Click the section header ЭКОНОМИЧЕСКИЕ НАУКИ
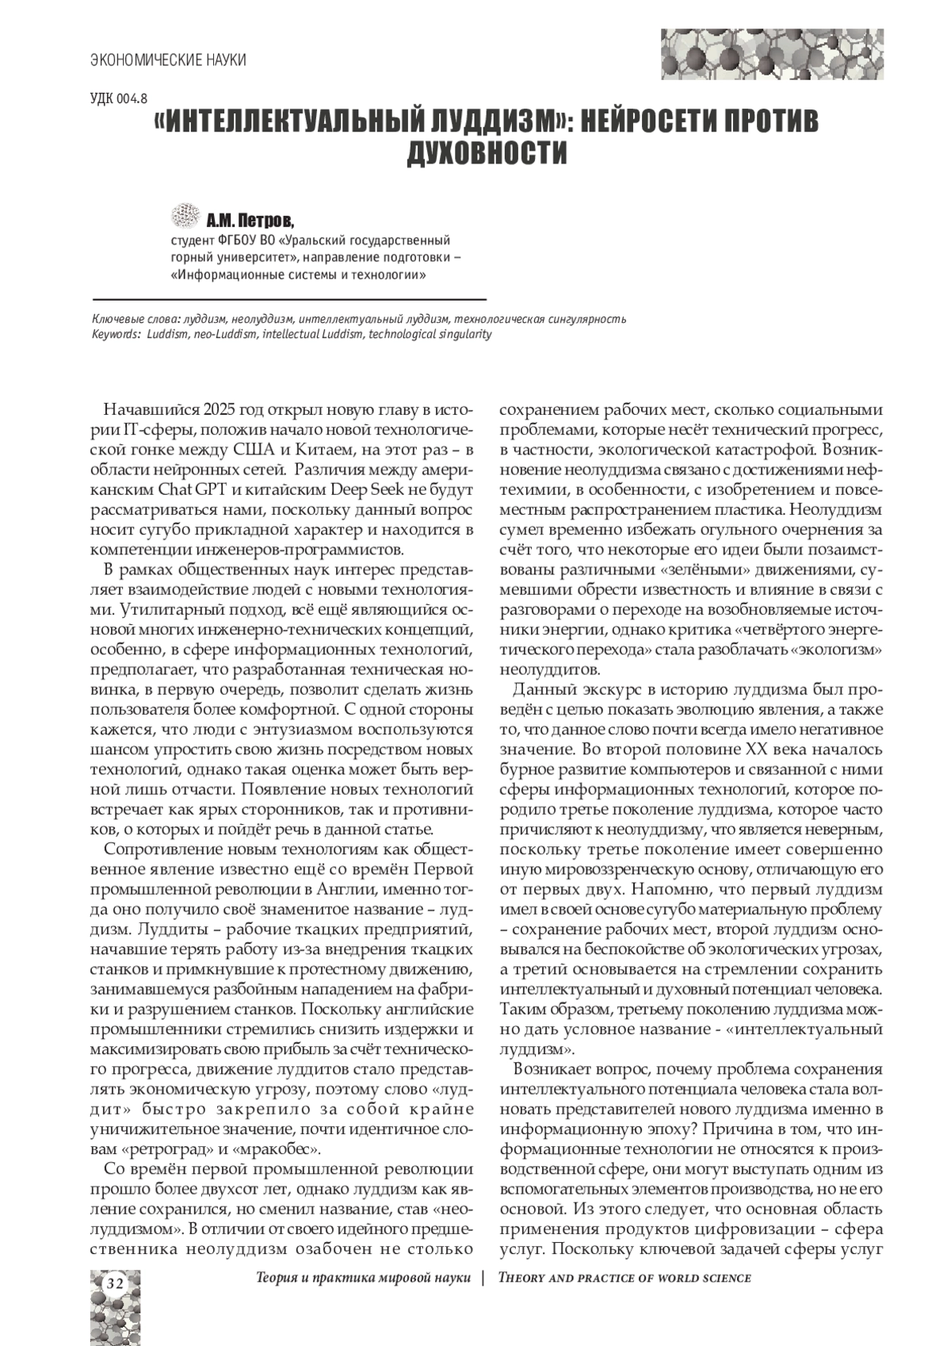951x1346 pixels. tap(168, 60)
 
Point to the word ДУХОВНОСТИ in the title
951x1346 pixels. tap(487, 153)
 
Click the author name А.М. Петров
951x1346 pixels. tap(250, 218)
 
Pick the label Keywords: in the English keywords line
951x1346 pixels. tap(117, 334)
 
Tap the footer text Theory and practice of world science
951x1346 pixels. tap(624, 1278)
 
